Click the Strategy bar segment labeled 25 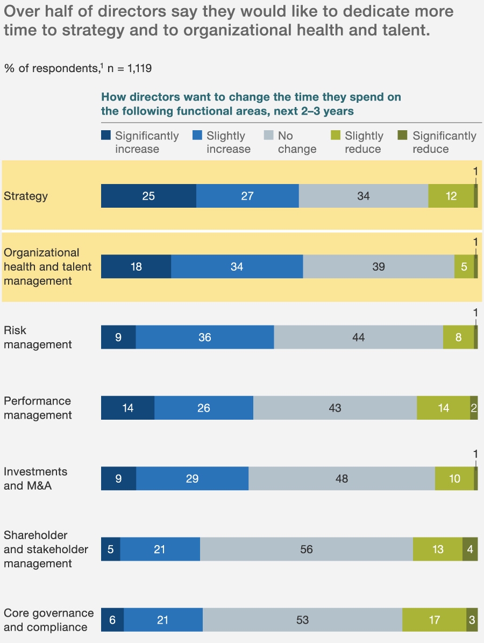pyautogui.click(x=148, y=196)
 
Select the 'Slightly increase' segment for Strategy pyautogui.click(x=247, y=196)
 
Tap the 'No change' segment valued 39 pyautogui.click(x=379, y=266)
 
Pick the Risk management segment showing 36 pyautogui.click(x=204, y=337)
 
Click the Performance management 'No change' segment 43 pyautogui.click(x=334, y=408)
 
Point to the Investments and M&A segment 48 pyautogui.click(x=341, y=478)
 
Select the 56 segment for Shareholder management pyautogui.click(x=307, y=549)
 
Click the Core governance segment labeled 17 pyautogui.click(x=434, y=620)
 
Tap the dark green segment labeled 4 pyautogui.click(x=470, y=549)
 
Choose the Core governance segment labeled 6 pyautogui.click(x=112, y=620)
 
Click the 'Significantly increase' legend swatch pyautogui.click(x=106, y=136)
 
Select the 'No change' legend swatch pyautogui.click(x=268, y=136)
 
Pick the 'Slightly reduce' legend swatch pyautogui.click(x=336, y=136)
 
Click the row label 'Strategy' pyautogui.click(x=26, y=196)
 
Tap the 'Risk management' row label pyautogui.click(x=38, y=337)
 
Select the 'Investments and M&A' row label pyautogui.click(x=35, y=478)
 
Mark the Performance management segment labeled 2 pyautogui.click(x=474, y=408)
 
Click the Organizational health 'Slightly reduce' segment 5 pyautogui.click(x=464, y=266)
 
